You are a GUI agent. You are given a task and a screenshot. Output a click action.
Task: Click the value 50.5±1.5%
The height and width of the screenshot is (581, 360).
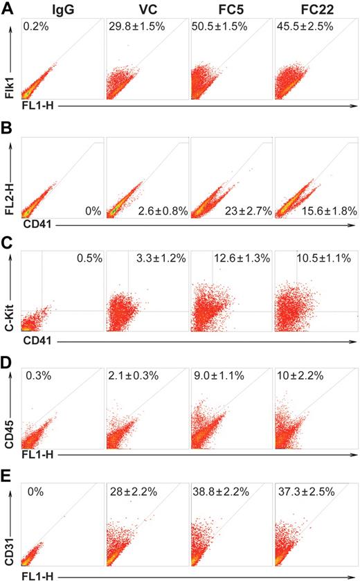point(219,26)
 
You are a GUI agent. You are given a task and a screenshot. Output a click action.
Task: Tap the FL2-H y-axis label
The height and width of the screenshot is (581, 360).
point(9,184)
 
